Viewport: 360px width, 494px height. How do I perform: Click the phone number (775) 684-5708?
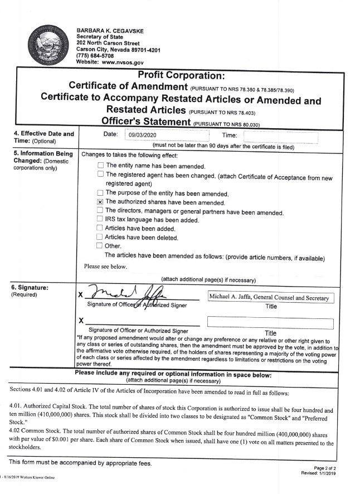(x=95, y=56)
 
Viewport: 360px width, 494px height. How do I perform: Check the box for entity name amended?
(x=100, y=166)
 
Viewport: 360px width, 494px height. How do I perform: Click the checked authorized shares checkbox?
(x=100, y=202)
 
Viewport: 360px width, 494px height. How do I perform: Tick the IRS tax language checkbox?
(x=100, y=220)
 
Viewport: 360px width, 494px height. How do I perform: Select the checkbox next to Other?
(x=100, y=245)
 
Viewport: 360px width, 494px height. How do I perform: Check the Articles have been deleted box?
(x=100, y=237)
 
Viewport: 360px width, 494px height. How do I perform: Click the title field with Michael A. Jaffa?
(x=270, y=298)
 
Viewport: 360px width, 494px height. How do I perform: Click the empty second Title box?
(x=270, y=322)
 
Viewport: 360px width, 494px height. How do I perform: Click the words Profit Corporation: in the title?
(x=181, y=75)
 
